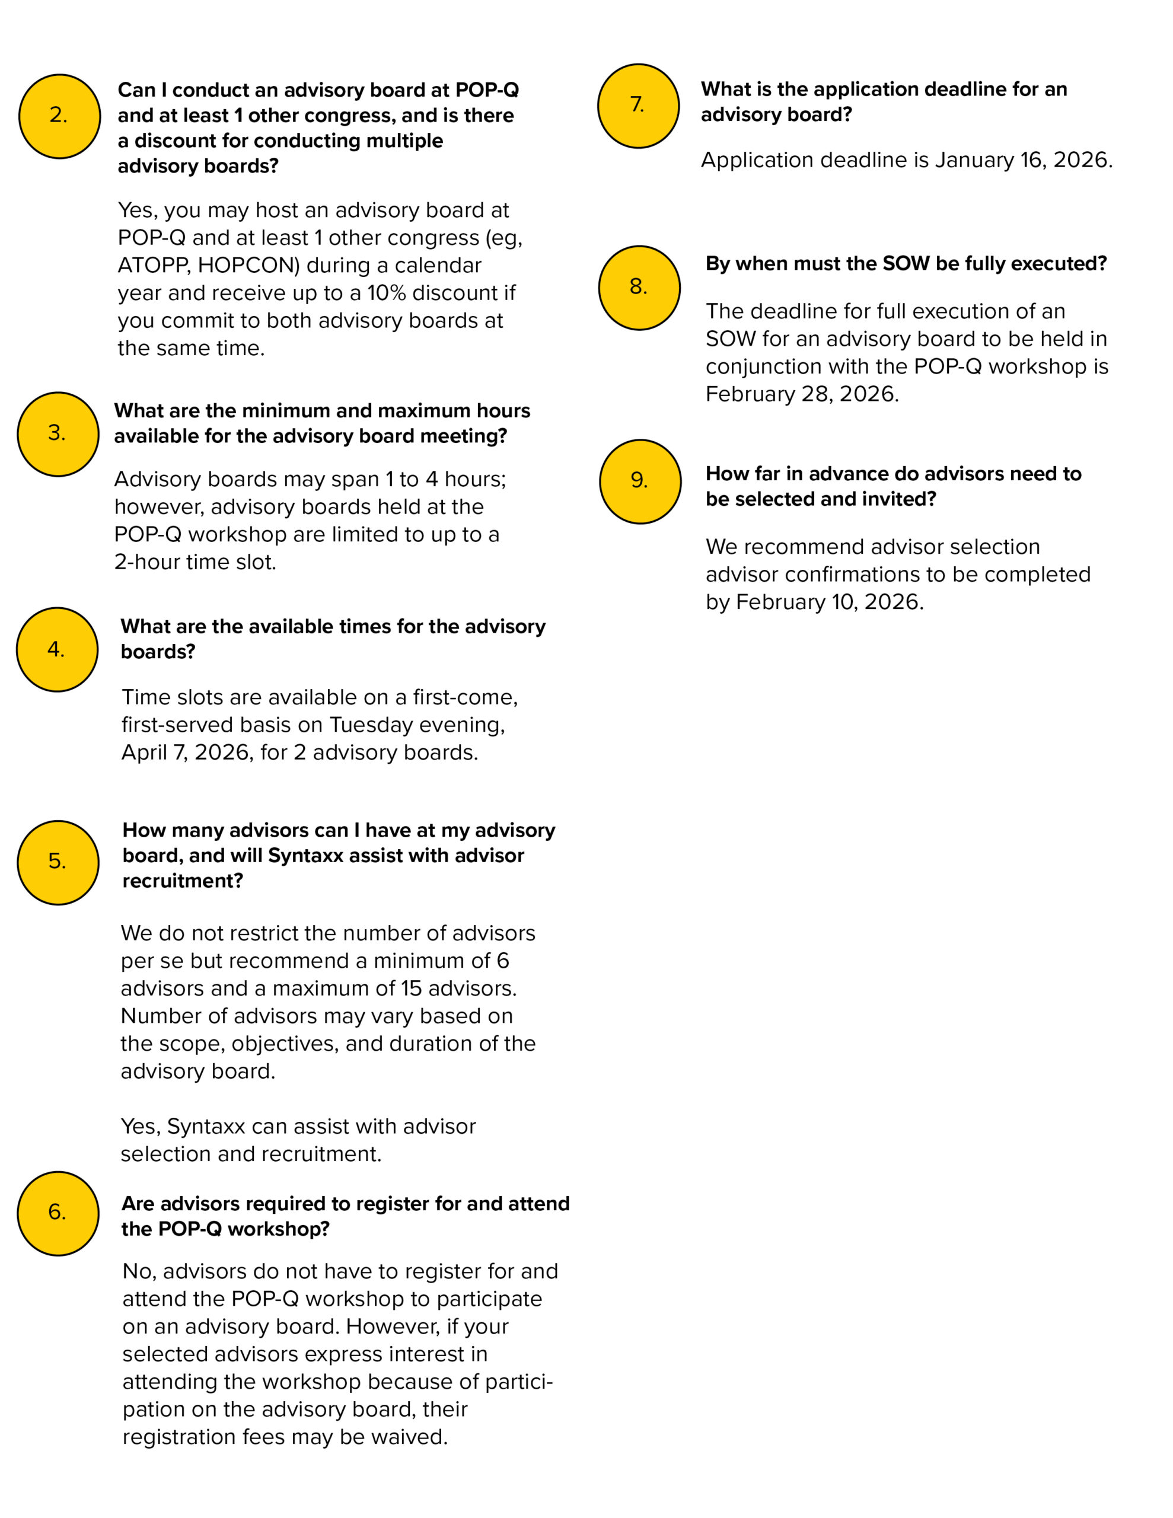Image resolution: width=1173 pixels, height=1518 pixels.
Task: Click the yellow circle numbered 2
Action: pyautogui.click(x=59, y=116)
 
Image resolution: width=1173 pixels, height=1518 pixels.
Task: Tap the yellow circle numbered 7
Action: pyautogui.click(x=638, y=106)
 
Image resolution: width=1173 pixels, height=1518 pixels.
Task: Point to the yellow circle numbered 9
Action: pyautogui.click(x=640, y=481)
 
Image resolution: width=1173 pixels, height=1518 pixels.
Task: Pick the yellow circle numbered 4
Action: pyautogui.click(x=57, y=649)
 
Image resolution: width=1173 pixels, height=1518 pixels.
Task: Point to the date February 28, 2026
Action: pyautogui.click(x=801, y=394)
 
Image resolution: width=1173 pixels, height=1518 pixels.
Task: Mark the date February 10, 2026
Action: pyautogui.click(x=829, y=602)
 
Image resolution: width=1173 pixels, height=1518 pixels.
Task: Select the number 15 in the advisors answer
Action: pyautogui.click(x=410, y=988)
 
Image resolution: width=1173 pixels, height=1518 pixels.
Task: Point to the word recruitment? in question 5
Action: pyautogui.click(x=183, y=881)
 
